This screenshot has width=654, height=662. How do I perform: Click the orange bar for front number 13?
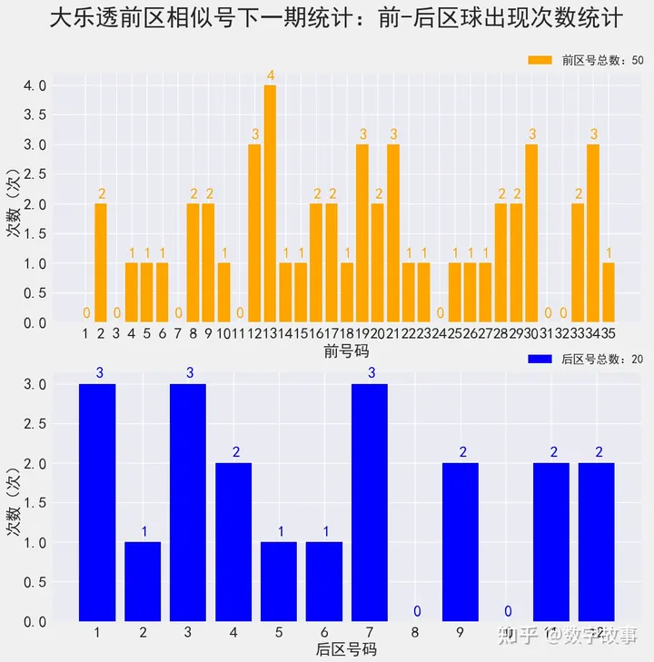(x=270, y=203)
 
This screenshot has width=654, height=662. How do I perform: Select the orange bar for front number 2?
(x=101, y=263)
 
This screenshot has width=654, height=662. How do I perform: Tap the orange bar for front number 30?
(x=531, y=233)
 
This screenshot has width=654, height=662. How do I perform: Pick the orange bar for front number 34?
(x=593, y=233)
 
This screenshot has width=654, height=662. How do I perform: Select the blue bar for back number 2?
(x=143, y=582)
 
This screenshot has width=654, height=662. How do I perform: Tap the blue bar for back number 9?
(x=461, y=542)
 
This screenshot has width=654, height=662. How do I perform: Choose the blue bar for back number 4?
(x=233, y=542)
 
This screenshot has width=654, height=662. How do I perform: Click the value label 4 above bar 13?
(x=270, y=74)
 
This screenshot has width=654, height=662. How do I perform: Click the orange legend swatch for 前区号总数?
(x=540, y=60)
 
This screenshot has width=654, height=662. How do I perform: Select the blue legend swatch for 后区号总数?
(x=540, y=359)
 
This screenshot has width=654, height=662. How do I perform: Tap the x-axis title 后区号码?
(x=345, y=649)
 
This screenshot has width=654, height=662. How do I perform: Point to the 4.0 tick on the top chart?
(x=35, y=85)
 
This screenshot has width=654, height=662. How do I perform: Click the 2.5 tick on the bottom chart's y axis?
(x=35, y=424)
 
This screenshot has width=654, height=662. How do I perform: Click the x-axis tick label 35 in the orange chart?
(x=609, y=333)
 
